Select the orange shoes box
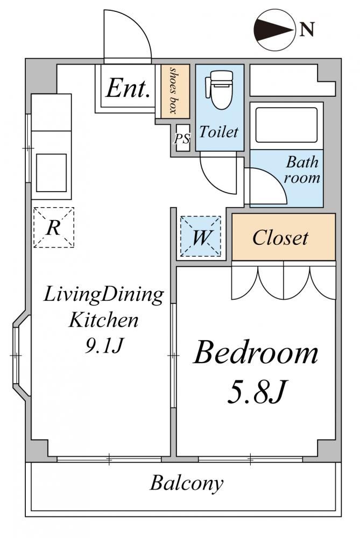pos(175,91)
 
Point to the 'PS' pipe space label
pos(182,139)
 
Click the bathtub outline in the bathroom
pos(286,125)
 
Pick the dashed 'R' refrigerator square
pos(53,227)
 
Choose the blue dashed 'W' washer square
pos(200,236)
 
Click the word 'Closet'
pos(280,237)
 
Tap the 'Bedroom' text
pos(256,353)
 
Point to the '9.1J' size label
pos(103,345)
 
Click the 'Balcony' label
pos(186,484)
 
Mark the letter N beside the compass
pos(307,29)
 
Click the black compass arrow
pos(273,29)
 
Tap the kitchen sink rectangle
pos(52,173)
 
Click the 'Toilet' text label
pos(218,131)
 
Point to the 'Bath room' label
pos(302,169)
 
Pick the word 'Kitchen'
pos(103,320)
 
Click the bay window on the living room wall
pos(20,356)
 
